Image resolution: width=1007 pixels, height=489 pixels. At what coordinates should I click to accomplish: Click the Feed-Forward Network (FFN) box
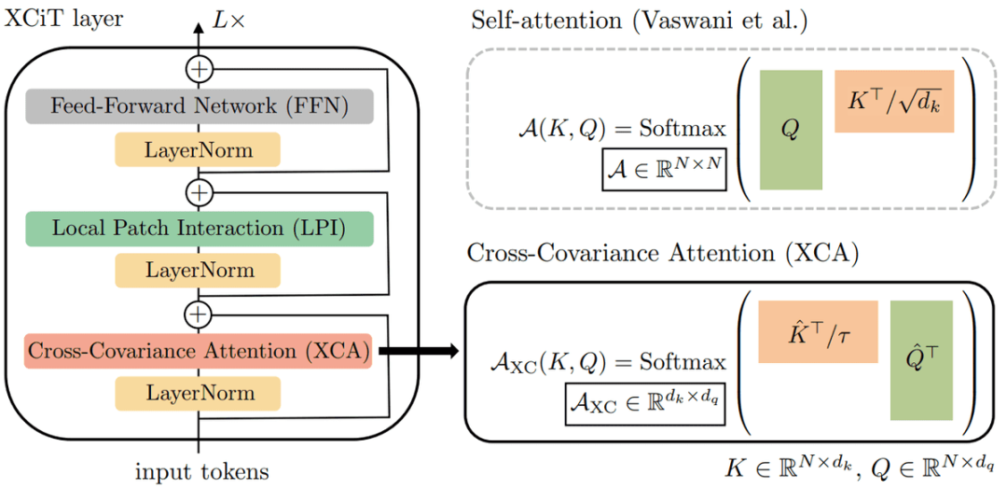click(x=200, y=106)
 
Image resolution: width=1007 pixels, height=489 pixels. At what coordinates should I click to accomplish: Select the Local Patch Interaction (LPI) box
click(x=200, y=229)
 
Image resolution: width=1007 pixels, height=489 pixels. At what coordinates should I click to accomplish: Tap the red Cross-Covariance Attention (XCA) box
click(x=200, y=351)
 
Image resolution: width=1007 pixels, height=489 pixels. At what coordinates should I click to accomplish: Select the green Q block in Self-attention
click(x=791, y=130)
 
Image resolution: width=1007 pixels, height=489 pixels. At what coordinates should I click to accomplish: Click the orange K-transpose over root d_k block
click(x=894, y=101)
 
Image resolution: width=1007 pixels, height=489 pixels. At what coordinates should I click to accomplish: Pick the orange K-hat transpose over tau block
click(x=819, y=331)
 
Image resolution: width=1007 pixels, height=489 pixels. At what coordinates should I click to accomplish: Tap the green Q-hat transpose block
click(x=921, y=360)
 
